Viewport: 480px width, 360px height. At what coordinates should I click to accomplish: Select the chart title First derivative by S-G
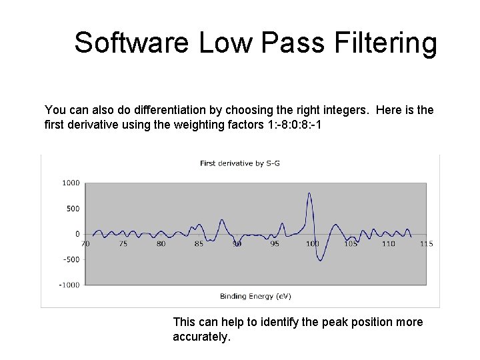click(231, 163)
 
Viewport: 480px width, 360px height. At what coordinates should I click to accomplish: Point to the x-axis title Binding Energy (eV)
click(255, 296)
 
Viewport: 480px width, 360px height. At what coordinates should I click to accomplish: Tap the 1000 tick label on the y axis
click(71, 183)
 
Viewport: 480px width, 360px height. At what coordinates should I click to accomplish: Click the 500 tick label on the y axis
click(73, 209)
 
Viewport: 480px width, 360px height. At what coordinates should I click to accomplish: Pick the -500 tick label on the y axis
click(71, 259)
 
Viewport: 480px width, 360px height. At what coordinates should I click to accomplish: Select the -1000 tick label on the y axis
click(69, 285)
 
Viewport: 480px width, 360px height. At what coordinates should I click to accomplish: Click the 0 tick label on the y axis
click(77, 234)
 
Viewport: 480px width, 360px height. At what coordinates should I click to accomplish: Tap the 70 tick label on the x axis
click(85, 244)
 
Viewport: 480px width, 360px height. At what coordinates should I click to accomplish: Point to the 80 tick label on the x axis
click(161, 244)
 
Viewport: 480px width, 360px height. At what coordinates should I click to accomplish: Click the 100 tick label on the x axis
click(313, 244)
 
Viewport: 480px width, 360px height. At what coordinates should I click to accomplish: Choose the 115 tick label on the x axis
click(427, 244)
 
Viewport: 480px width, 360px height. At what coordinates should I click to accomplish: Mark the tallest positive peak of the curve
click(309, 193)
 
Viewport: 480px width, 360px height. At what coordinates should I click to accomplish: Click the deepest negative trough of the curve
click(320, 260)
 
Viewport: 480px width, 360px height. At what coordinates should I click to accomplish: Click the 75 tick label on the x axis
click(123, 244)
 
